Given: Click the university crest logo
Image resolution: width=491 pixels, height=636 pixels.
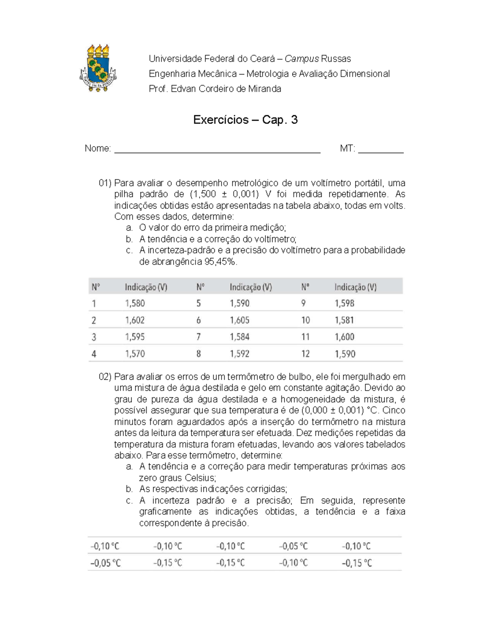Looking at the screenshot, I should coord(98,68).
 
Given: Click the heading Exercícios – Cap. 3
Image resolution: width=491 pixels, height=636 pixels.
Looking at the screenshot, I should coord(245,120).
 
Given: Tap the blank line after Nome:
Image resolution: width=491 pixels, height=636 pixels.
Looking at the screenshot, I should coord(217,149).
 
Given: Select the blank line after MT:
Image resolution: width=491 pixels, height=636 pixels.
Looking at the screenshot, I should coord(381,149).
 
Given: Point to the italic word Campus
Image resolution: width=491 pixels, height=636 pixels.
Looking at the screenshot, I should coord(302,59).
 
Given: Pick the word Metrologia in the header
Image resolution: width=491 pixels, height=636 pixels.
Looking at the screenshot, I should coord(267,74).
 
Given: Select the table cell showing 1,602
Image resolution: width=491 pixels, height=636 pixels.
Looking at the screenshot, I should coord(135,320).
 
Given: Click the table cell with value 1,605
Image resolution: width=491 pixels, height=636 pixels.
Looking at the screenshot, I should coord(239,320).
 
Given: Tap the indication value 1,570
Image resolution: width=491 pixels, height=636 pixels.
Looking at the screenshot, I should coord(135,354).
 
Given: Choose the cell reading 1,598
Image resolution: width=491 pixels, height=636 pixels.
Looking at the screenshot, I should coord(345,303).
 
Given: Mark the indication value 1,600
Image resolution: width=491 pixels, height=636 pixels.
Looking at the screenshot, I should coord(345,337).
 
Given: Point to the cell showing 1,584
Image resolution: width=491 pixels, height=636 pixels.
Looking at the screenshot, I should coord(239,337).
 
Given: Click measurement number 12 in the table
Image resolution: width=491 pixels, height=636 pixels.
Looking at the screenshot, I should coord(306,354).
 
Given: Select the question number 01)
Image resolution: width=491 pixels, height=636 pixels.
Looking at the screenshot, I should coord(105,183).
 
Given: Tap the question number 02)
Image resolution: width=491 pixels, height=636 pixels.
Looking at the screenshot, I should coord(105,377).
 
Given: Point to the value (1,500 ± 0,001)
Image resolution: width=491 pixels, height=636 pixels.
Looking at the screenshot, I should coord(224,194).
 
